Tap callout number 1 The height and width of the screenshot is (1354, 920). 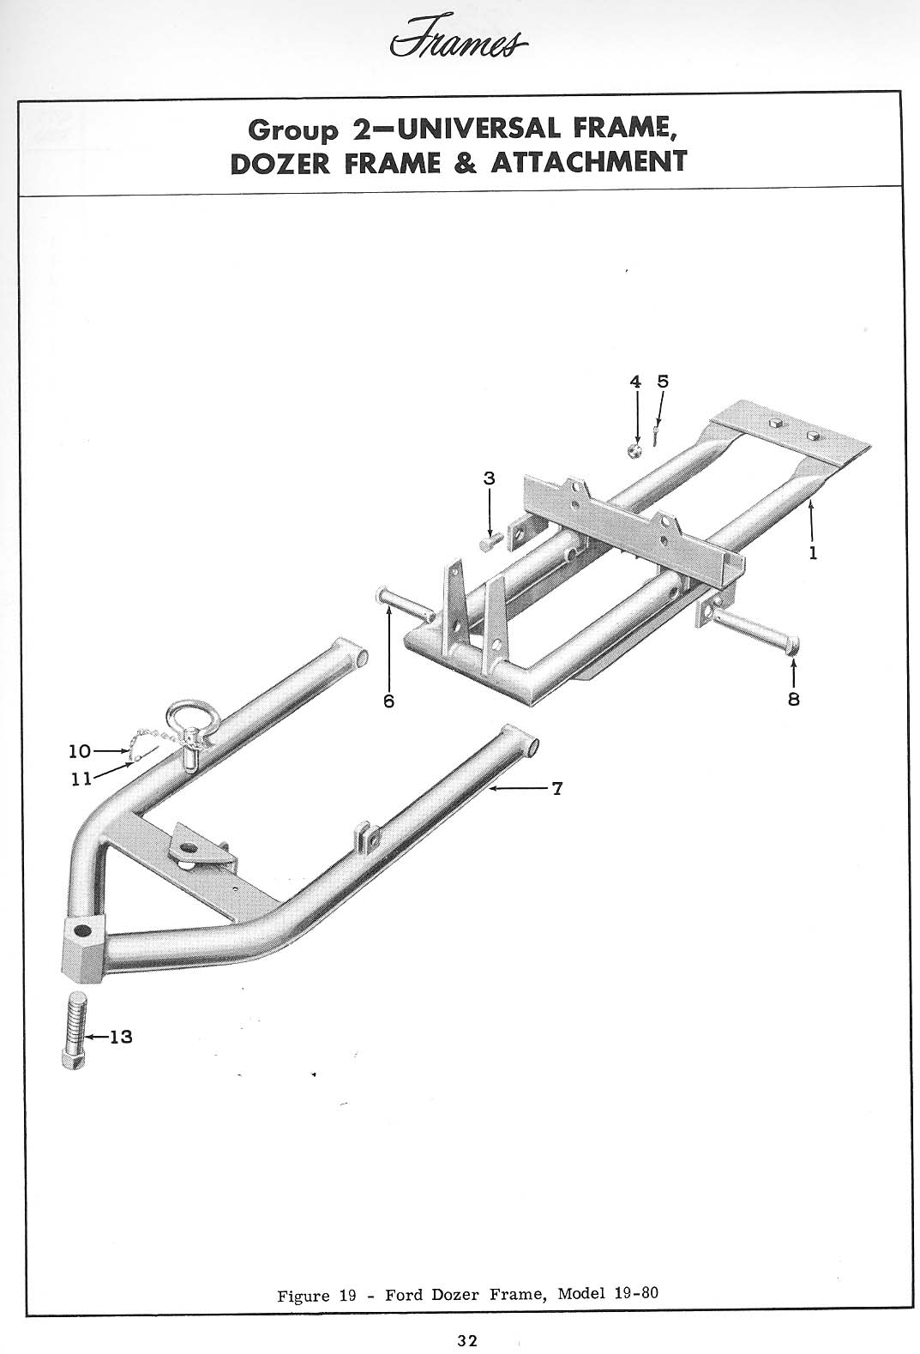point(812,553)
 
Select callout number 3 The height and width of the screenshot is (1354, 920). point(489,479)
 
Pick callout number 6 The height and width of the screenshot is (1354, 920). point(388,701)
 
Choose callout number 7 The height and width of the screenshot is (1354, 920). point(556,788)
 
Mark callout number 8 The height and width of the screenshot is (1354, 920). point(793,700)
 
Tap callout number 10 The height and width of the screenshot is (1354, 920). point(79,751)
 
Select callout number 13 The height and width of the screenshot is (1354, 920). point(121,1037)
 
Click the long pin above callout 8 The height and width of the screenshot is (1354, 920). point(755,629)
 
